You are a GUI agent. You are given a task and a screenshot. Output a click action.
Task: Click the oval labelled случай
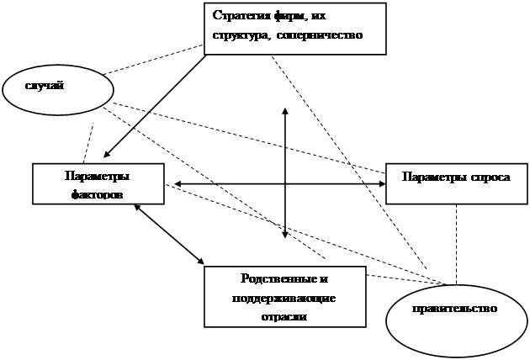(x=57, y=87)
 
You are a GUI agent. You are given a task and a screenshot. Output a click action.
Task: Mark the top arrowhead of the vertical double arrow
(x=285, y=110)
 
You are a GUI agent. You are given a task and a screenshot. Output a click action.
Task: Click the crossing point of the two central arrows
(x=285, y=183)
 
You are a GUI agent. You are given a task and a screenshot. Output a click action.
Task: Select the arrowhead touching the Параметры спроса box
(x=380, y=183)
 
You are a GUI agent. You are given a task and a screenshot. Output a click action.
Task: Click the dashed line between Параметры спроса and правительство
(x=456, y=244)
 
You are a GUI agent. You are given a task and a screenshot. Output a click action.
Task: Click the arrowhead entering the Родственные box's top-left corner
(x=201, y=258)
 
